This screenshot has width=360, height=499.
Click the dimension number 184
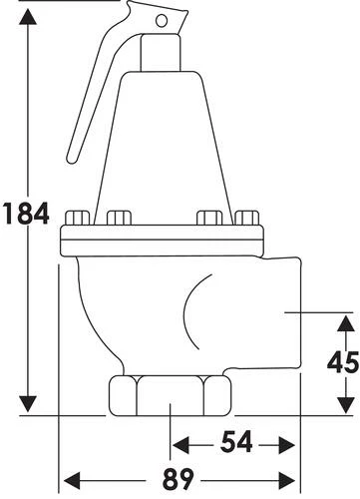coord(26,213)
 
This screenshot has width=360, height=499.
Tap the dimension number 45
coord(343,362)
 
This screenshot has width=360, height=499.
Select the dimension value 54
coord(237,442)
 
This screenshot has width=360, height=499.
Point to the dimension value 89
coord(178,478)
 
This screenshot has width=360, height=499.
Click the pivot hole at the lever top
coord(162,21)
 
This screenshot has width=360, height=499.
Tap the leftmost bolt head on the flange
coord(77,218)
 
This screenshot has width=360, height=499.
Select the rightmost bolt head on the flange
coord(246,218)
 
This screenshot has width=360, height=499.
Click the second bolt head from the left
coord(119,218)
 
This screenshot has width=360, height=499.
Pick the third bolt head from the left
coord(209,218)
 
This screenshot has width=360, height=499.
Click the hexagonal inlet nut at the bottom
coord(170,395)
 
